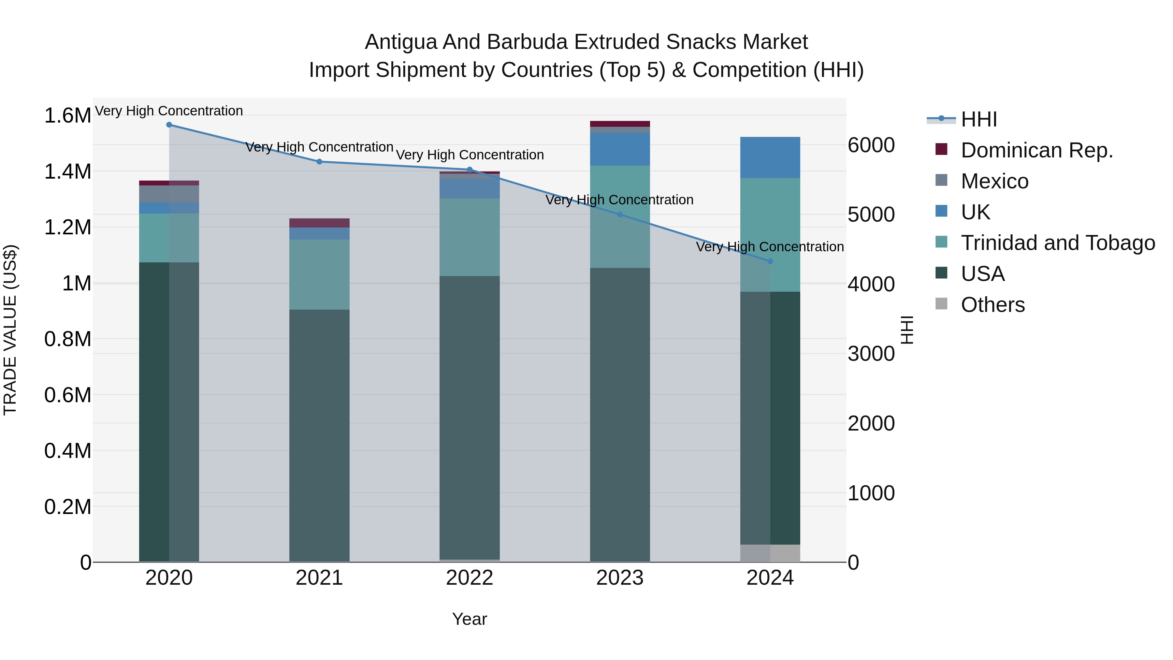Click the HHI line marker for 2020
(169, 125)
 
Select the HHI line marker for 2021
(319, 162)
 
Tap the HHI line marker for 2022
(470, 170)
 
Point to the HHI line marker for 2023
(620, 214)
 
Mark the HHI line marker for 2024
(770, 261)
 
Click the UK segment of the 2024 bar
(770, 157)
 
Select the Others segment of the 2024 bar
(770, 553)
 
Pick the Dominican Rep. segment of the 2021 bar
(319, 223)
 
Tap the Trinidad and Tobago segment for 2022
(470, 237)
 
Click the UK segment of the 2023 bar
(620, 149)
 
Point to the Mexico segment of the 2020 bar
(169, 194)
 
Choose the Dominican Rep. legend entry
(1037, 150)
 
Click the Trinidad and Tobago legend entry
(1057, 243)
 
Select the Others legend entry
(993, 305)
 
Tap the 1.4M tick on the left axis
(67, 172)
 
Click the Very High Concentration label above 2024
(770, 247)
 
